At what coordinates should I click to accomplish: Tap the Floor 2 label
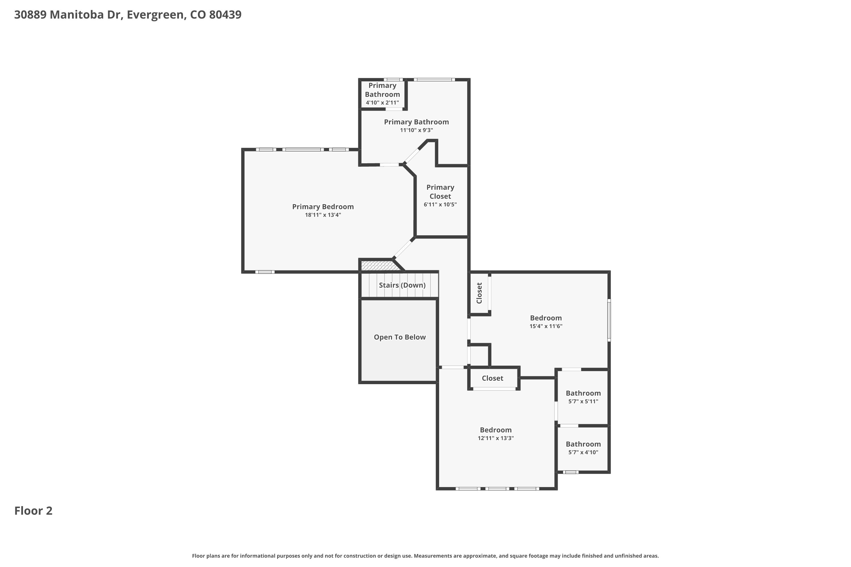point(33,511)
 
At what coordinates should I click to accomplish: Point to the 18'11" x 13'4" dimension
point(323,215)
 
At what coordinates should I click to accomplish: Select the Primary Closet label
point(440,192)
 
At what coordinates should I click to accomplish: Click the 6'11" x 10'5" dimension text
point(440,204)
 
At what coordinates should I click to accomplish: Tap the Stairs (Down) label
point(402,285)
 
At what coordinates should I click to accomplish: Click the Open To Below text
point(399,337)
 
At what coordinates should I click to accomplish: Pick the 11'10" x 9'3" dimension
point(416,130)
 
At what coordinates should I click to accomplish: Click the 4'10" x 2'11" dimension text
point(382,103)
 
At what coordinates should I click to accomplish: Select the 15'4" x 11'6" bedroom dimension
point(545,326)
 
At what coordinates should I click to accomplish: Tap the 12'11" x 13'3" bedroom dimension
point(495,438)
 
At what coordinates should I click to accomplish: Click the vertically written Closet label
point(479,293)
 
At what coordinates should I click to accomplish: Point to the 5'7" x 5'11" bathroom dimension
point(583,401)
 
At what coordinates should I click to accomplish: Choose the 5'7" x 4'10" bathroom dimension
point(583,452)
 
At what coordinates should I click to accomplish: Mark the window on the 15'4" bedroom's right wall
point(609,320)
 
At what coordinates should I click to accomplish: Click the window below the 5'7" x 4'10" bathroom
point(570,472)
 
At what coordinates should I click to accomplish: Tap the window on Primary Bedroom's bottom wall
point(265,272)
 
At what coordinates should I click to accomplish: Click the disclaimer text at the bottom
point(425,556)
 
